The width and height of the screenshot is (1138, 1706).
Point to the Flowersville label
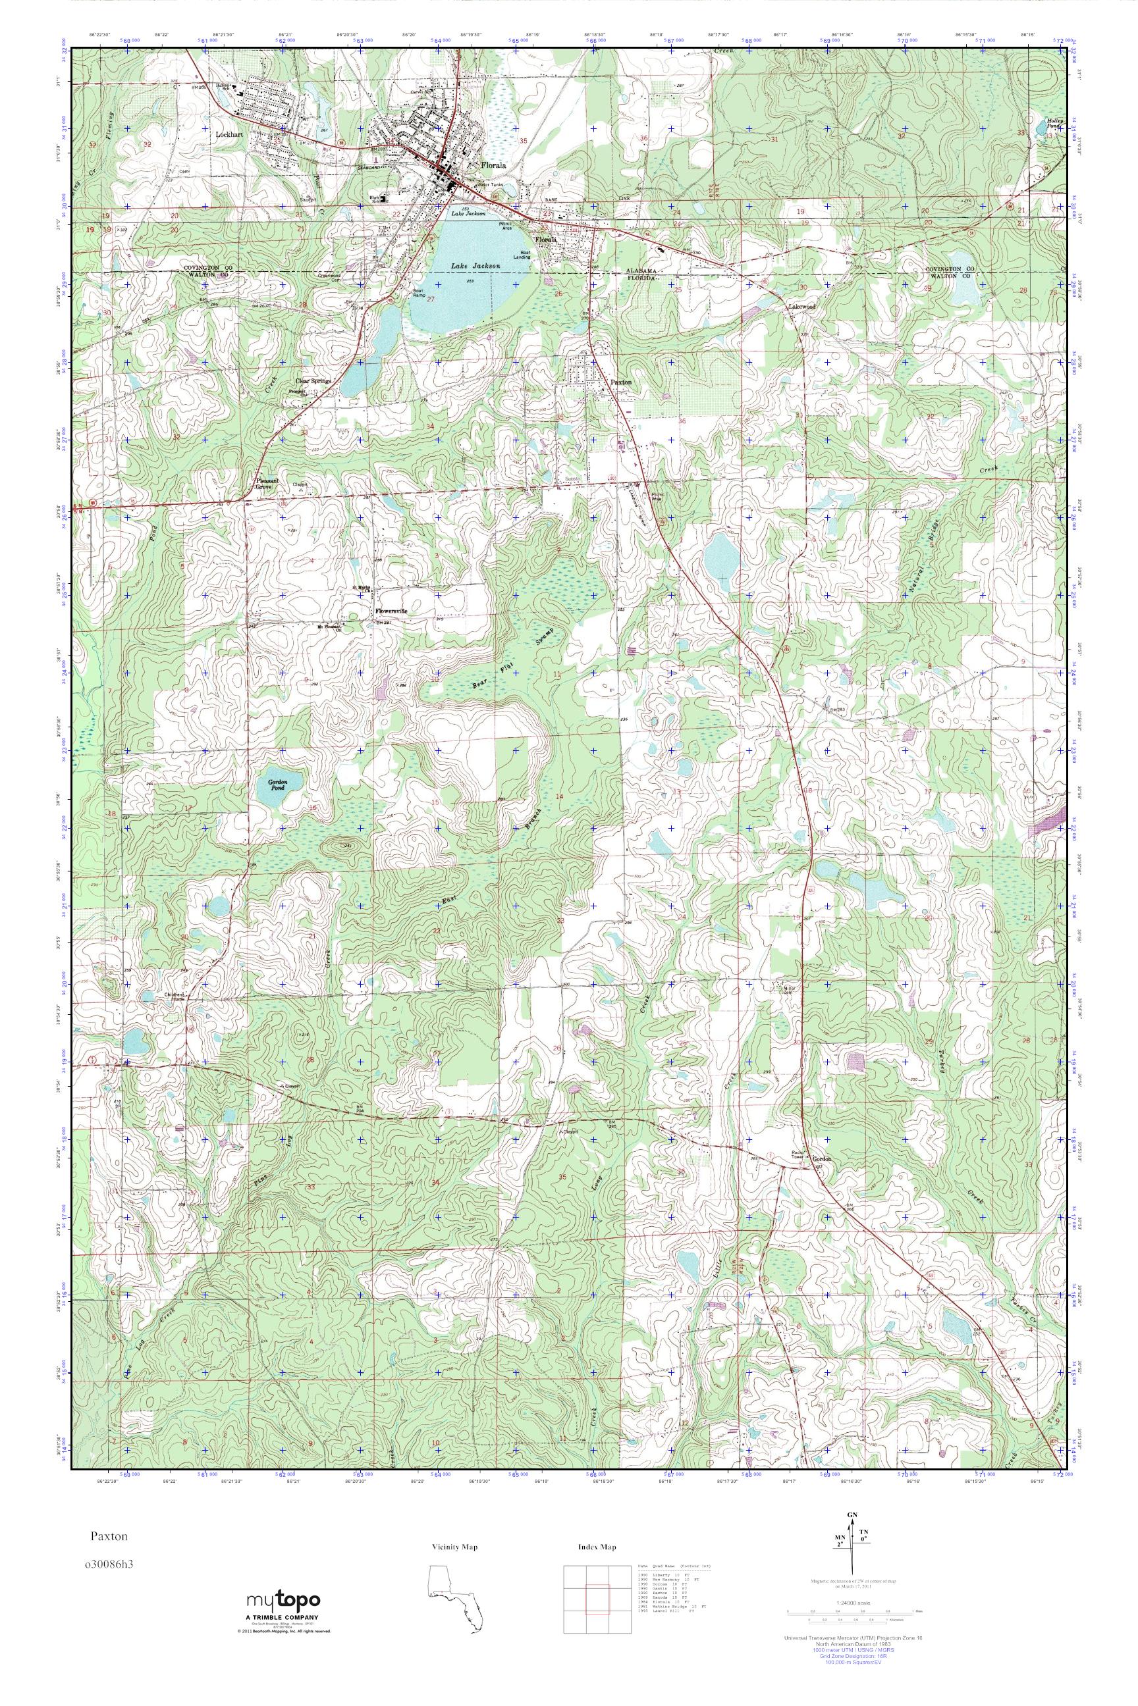(392, 611)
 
